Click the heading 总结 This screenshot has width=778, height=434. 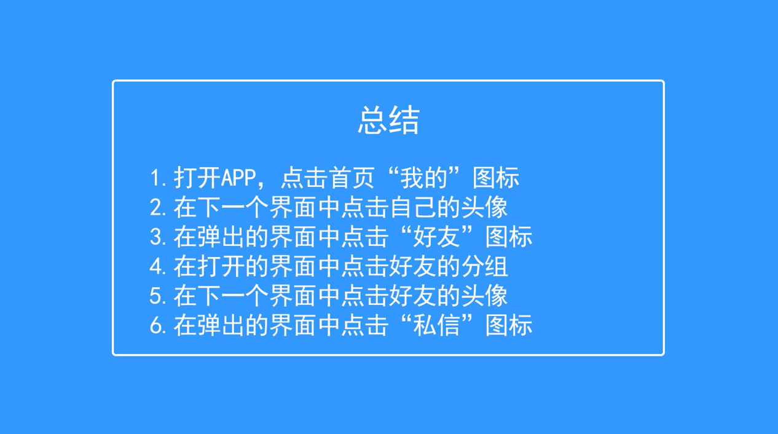point(388,120)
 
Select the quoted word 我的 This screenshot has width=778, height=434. point(424,178)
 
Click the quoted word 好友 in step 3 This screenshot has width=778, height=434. point(436,237)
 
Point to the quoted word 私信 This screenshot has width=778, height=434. point(436,325)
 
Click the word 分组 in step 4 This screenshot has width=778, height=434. point(484,267)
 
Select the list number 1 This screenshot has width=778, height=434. point(154,178)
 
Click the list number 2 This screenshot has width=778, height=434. point(155,208)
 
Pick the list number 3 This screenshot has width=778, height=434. point(155,237)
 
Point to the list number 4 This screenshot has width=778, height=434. point(155,267)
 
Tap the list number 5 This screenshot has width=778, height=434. point(155,296)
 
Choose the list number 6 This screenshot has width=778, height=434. point(155,326)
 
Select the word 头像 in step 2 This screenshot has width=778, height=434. point(484,207)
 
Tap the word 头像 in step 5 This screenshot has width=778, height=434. point(484,296)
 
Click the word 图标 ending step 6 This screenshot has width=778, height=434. point(509,325)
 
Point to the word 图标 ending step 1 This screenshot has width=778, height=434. point(496,178)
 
